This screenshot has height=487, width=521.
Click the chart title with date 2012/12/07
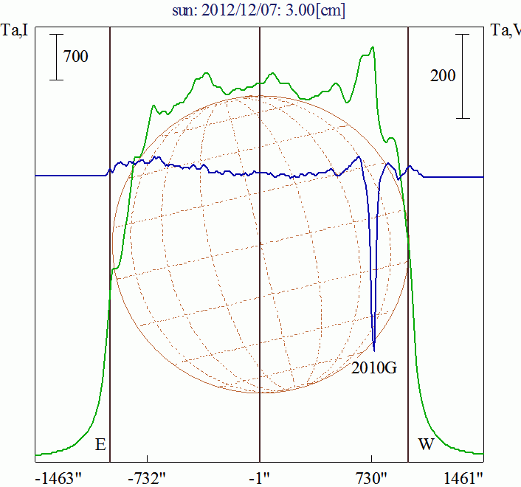(x=260, y=10)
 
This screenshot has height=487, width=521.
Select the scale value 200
(x=442, y=75)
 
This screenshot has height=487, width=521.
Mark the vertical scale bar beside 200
(x=463, y=75)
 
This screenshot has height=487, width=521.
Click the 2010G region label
(x=376, y=366)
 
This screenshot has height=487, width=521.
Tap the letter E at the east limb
(x=100, y=445)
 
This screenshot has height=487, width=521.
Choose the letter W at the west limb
(x=426, y=445)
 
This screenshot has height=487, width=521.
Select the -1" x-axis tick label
(x=260, y=478)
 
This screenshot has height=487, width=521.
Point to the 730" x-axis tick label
(x=372, y=478)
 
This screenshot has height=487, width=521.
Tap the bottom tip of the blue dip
(x=374, y=350)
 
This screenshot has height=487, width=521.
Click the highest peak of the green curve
(x=373, y=47)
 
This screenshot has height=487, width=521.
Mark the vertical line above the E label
(x=110, y=221)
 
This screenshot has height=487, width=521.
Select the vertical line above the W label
(x=409, y=221)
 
